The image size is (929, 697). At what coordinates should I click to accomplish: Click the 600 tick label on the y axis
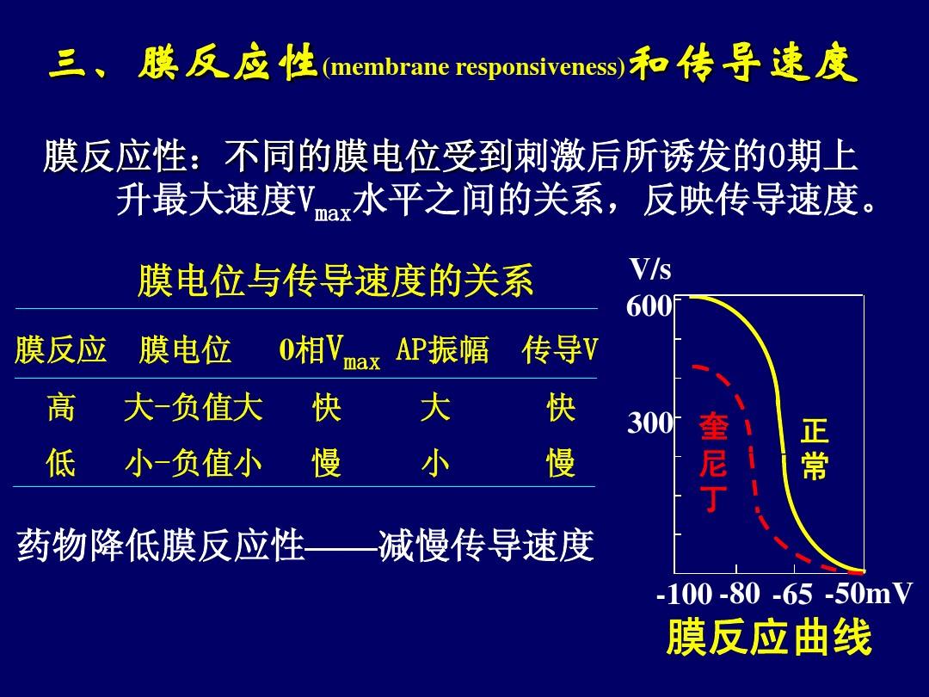pyautogui.click(x=649, y=306)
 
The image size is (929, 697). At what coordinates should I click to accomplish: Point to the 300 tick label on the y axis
pyautogui.click(x=650, y=423)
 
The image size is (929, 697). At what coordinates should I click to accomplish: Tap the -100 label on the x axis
pyautogui.click(x=685, y=593)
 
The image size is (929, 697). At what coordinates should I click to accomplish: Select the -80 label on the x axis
pyautogui.click(x=740, y=593)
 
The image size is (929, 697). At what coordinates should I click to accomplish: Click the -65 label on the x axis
pyautogui.click(x=793, y=593)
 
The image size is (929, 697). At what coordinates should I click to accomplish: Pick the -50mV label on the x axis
pyautogui.click(x=869, y=593)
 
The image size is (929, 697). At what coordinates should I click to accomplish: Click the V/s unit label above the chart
pyautogui.click(x=650, y=269)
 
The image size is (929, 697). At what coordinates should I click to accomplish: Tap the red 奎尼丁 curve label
pyautogui.click(x=713, y=462)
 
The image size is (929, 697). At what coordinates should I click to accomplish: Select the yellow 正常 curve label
pyautogui.click(x=814, y=448)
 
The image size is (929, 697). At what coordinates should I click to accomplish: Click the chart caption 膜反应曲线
pyautogui.click(x=769, y=638)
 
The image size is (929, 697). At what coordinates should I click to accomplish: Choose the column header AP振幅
pyautogui.click(x=442, y=349)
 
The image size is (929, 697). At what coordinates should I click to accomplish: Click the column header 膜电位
pyautogui.click(x=184, y=349)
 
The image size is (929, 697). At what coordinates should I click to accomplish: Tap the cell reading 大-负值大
pyautogui.click(x=194, y=409)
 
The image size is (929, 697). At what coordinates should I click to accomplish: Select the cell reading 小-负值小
pyautogui.click(x=194, y=463)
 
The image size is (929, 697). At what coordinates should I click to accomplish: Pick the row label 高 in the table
pyautogui.click(x=61, y=409)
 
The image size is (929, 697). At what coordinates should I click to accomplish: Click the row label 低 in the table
pyautogui.click(x=61, y=463)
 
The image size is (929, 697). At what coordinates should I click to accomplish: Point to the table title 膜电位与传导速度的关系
pyautogui.click(x=335, y=281)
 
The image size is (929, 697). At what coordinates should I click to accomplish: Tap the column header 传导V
pyautogui.click(x=560, y=349)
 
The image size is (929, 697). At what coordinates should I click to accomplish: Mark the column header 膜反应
pyautogui.click(x=60, y=349)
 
